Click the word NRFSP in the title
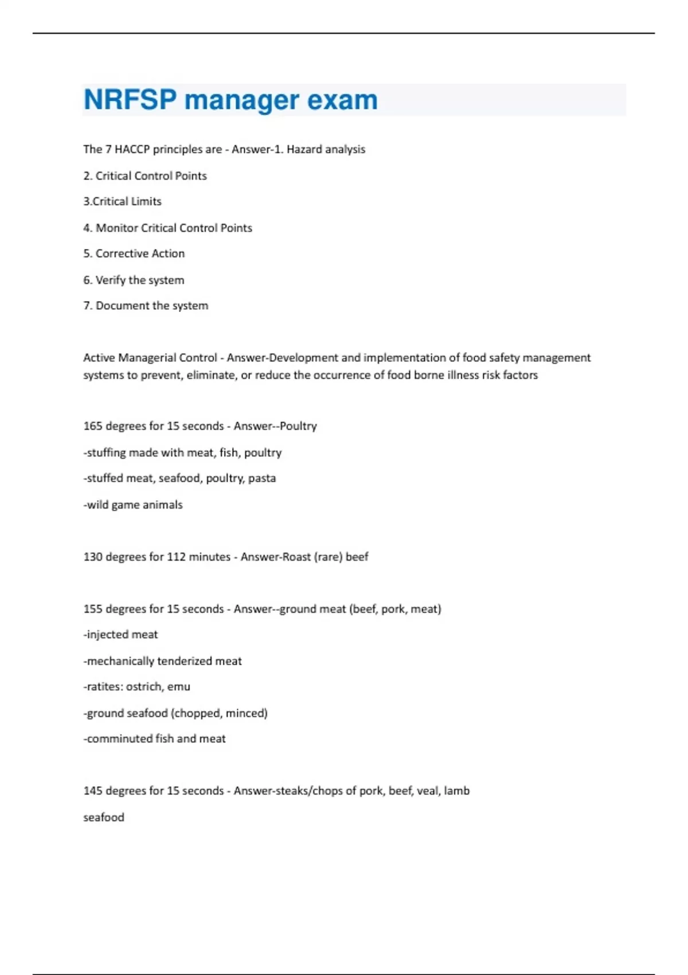130,100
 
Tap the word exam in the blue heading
342,100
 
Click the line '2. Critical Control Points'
145,175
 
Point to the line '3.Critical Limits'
122,201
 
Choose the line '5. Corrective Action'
134,253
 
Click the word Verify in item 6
110,280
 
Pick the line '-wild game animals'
133,505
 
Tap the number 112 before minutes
176,557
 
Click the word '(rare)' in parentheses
329,557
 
